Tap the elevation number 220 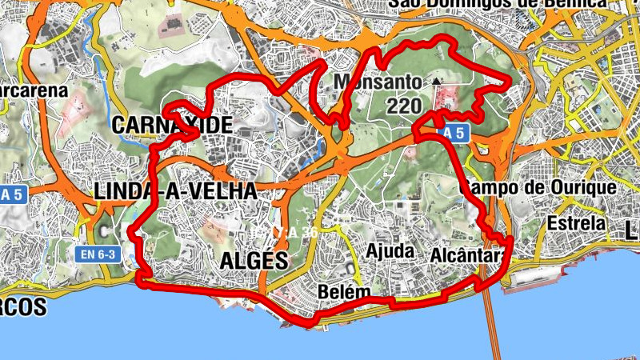402,106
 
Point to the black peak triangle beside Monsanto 436,81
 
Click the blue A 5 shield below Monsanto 452,134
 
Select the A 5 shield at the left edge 10,194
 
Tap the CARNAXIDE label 172,125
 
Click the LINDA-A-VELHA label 175,191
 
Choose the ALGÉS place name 253,260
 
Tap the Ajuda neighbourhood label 390,251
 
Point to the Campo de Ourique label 538,188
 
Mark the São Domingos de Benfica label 498,5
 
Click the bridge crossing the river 491,320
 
